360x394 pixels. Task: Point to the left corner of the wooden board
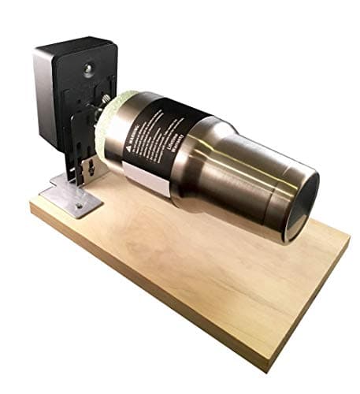[x=32, y=208]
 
